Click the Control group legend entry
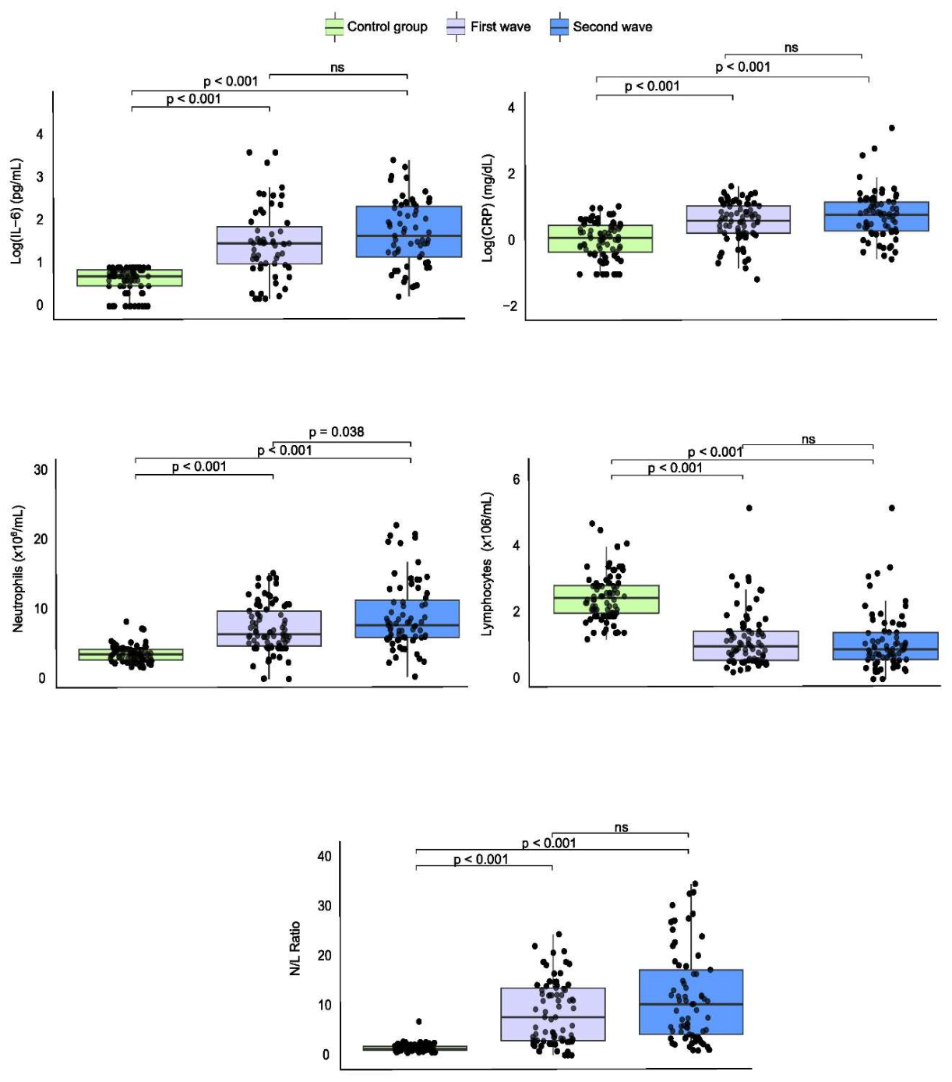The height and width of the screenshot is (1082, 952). coord(376,27)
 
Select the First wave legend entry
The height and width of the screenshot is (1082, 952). coord(488,27)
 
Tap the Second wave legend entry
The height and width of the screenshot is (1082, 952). coord(601,27)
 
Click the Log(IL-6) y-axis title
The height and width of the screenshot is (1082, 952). coord(16,211)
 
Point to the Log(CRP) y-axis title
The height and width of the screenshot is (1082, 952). coord(488,207)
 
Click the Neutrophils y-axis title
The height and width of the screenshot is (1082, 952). coord(18,568)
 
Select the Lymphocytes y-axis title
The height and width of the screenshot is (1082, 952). coord(487,564)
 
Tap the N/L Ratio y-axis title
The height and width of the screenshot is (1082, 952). coord(294,948)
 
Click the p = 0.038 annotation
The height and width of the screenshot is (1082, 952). coord(337,432)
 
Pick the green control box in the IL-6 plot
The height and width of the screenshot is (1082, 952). coord(129,278)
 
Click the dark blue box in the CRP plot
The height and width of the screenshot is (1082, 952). coord(876,216)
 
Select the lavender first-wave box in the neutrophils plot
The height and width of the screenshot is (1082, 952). coord(269,628)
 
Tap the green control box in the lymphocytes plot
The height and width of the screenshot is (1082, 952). coord(606,599)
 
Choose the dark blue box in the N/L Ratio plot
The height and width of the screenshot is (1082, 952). coord(691,1002)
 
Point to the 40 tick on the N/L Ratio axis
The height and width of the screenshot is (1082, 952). coord(324,856)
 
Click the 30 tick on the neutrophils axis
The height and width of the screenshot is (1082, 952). coord(41,469)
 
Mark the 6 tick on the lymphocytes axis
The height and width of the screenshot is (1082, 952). coord(516,479)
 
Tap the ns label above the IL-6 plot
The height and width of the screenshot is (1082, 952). coord(337,68)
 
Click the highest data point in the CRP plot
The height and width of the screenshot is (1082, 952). coord(892,128)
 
